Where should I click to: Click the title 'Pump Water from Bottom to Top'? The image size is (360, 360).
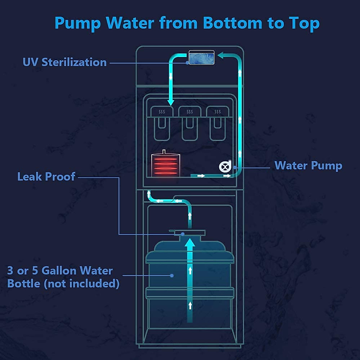(187, 23)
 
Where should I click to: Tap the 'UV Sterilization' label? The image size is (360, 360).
(65, 62)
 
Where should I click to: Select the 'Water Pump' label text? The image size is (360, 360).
(308, 166)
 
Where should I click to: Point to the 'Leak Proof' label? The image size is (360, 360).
(46, 177)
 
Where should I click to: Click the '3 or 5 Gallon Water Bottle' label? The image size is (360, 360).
(63, 277)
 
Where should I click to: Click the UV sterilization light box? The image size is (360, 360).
(202, 58)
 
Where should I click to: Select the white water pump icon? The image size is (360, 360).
(225, 166)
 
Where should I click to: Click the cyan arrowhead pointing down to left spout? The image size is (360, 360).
(171, 102)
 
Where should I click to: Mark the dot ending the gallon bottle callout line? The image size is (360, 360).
(172, 275)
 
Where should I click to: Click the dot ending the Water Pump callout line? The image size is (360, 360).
(235, 167)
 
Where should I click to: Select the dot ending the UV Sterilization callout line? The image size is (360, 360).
(187, 63)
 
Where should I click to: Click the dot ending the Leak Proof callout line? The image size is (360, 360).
(183, 234)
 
